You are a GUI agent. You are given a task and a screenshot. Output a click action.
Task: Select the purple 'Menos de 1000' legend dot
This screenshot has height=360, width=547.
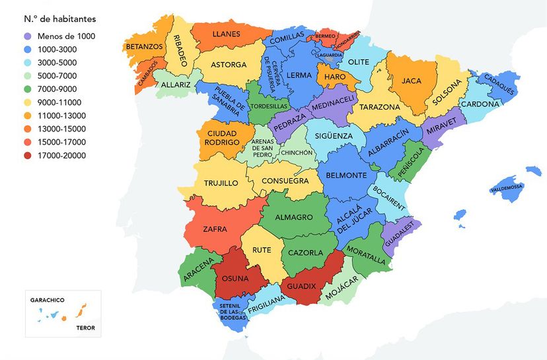click(27, 36)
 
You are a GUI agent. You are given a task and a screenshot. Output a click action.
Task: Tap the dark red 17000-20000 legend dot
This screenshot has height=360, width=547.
click(27, 155)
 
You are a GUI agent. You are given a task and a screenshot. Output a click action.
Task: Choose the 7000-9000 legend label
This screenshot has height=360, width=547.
click(57, 89)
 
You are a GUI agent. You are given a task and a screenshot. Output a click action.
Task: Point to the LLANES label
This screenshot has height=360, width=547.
click(226, 33)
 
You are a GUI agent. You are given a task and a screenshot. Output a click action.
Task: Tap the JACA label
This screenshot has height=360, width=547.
click(412, 81)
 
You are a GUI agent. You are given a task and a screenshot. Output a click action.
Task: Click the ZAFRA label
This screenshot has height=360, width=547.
click(215, 229)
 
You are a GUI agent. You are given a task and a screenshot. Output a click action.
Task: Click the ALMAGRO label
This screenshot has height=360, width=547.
click(295, 217)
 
